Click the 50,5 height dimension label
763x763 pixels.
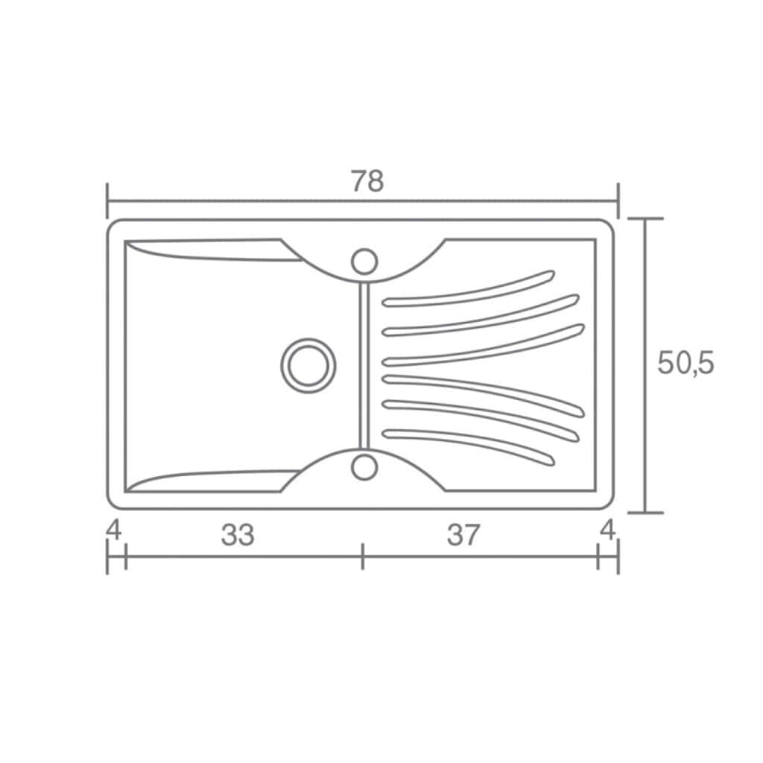click(x=686, y=363)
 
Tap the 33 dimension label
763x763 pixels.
click(x=238, y=535)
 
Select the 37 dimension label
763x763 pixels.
click(x=463, y=535)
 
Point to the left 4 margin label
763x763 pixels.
click(x=114, y=530)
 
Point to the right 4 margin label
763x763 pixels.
click(x=608, y=530)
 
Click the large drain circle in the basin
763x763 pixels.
click(x=308, y=365)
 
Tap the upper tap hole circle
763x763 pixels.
click(x=364, y=262)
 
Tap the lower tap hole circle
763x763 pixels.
click(x=364, y=467)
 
